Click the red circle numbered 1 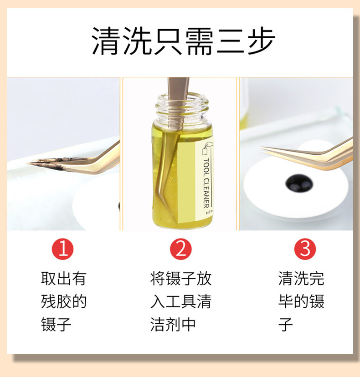(x=63, y=249)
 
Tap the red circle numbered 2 (x=181, y=249)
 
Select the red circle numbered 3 (x=305, y=249)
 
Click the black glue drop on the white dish (x=299, y=183)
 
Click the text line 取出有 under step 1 (x=63, y=278)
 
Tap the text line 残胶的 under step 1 (x=63, y=301)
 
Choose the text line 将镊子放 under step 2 (x=181, y=278)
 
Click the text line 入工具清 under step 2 (x=181, y=301)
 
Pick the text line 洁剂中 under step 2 (x=173, y=325)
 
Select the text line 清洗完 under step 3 (x=301, y=278)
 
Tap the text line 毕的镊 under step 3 (x=301, y=301)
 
